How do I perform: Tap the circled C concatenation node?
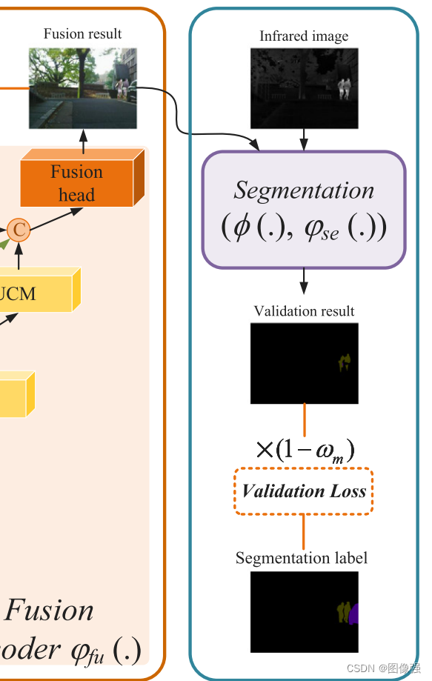point(20,230)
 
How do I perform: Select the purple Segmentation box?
point(304,209)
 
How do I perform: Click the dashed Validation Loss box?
point(304,491)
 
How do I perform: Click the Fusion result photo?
point(82,87)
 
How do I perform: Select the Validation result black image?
point(304,363)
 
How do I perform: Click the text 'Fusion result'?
point(82,33)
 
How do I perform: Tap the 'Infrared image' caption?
point(304,36)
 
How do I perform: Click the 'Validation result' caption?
point(304,311)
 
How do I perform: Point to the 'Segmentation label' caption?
point(302,558)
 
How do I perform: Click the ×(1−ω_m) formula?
point(304,450)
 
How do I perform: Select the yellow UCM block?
point(30,293)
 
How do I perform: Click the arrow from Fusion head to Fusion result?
point(83,141)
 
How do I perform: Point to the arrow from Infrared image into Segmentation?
point(304,139)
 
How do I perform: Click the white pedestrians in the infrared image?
point(343,88)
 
